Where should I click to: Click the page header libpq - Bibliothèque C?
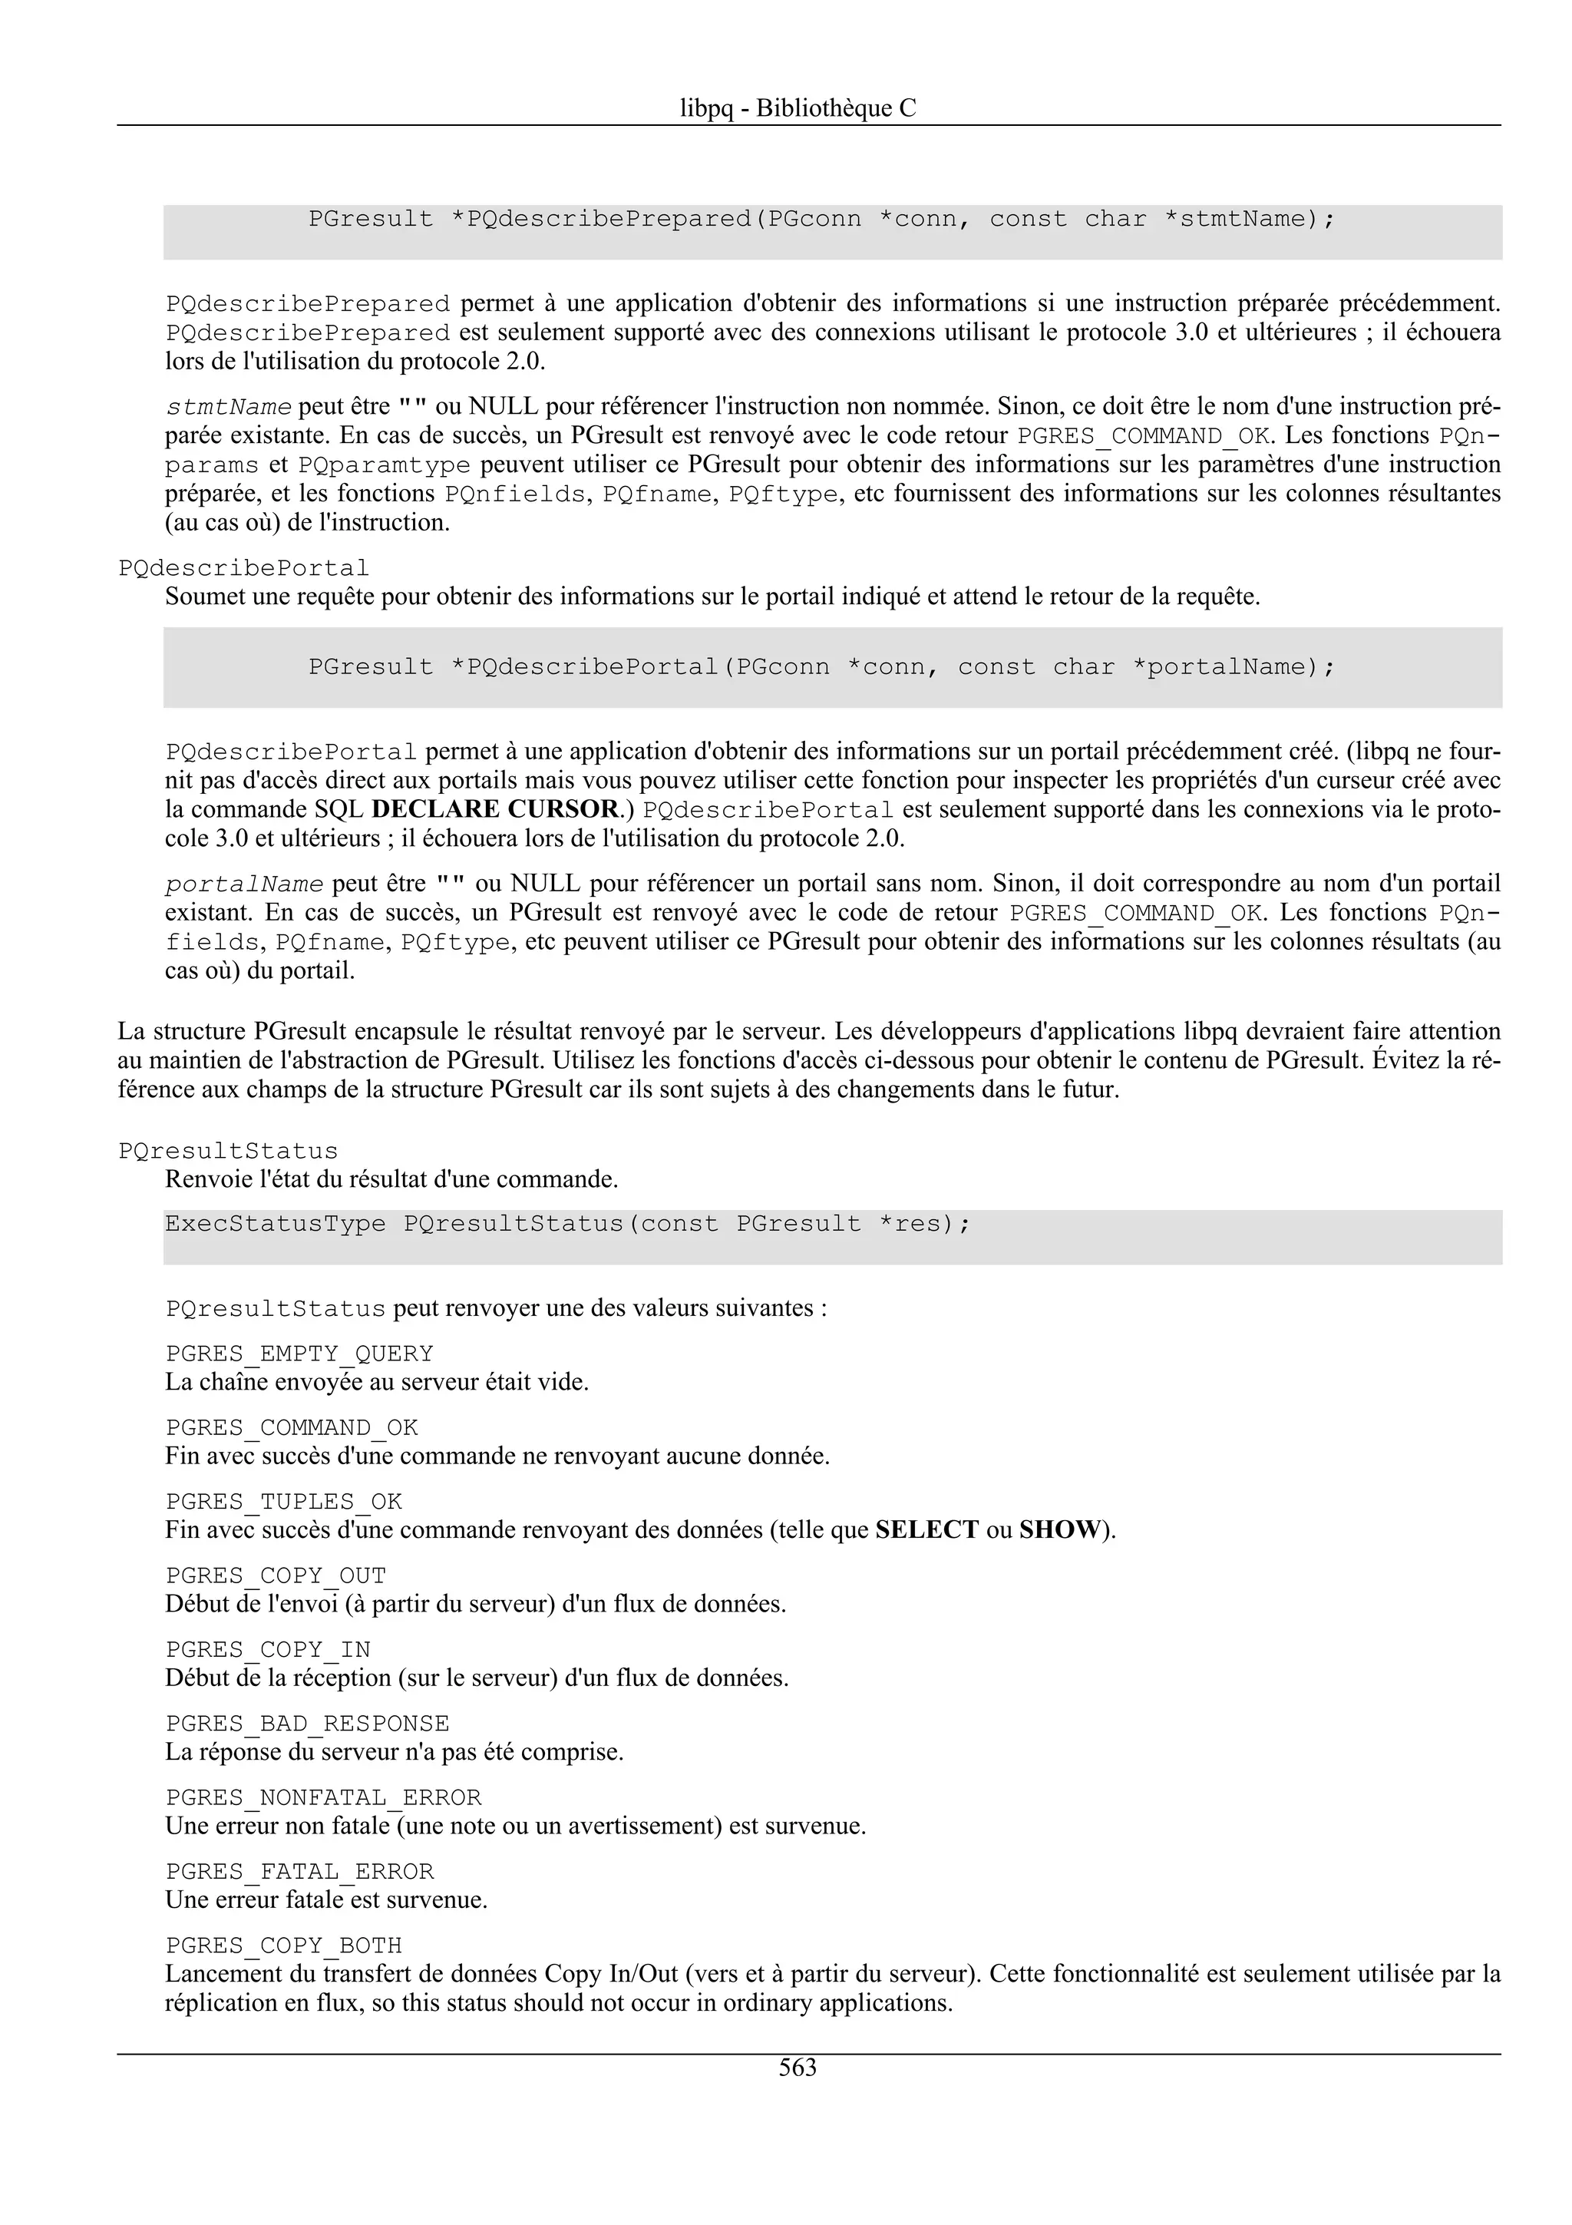pos(798,108)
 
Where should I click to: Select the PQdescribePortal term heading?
pos(243,568)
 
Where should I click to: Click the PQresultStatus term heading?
pos(228,1151)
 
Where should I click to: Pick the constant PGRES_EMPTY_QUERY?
pos(299,1354)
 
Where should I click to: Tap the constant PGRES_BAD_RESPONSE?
pos(307,1724)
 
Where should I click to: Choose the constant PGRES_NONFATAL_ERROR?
pos(322,1797)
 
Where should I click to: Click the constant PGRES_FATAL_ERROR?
pos(299,1871)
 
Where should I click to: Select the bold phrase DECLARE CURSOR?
pos(495,809)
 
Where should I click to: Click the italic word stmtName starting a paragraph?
pos(229,407)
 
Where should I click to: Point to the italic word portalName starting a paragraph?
pos(244,884)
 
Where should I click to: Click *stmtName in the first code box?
pos(1249,219)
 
